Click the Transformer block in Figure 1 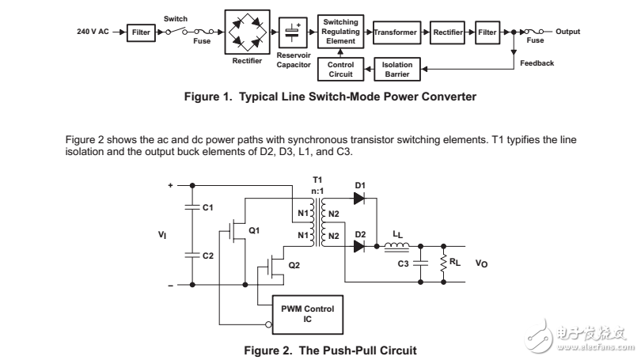coord(396,32)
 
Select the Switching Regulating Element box coord(341,32)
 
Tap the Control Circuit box coord(340,70)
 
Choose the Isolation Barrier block coord(396,70)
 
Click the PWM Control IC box coord(308,313)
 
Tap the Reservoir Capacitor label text coord(294,60)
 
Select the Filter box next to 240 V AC coord(141,32)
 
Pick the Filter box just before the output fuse coord(487,32)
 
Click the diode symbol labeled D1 coord(361,199)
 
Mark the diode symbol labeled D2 coord(361,246)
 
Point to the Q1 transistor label coord(254,230)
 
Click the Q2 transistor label coord(294,266)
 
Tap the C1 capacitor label coord(208,208)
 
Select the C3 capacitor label coord(404,263)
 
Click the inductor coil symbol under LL coord(396,246)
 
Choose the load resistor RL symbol coord(442,262)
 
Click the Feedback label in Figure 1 coord(537,63)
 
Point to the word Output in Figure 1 coord(567,32)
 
